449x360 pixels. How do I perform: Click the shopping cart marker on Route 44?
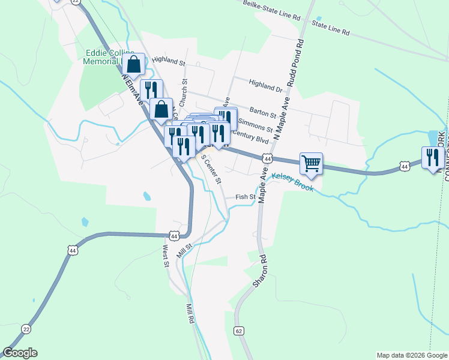(311, 163)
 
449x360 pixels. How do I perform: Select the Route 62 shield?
(239, 331)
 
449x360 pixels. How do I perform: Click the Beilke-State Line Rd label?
(271, 11)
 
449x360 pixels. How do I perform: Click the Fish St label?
(246, 197)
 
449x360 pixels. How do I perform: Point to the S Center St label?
(211, 169)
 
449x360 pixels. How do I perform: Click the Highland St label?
(169, 61)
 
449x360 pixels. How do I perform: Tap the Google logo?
(20, 353)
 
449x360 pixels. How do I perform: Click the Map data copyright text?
(412, 355)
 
